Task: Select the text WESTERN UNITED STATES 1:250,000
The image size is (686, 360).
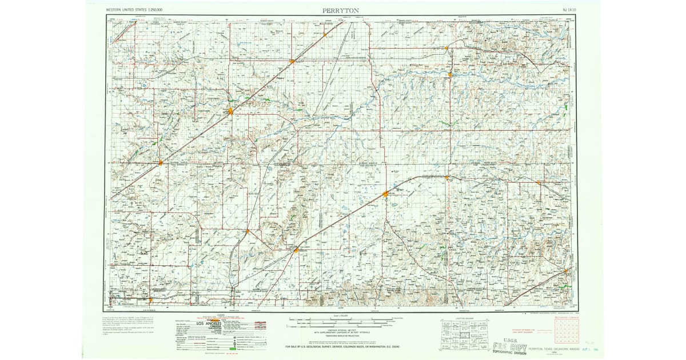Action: (x=134, y=10)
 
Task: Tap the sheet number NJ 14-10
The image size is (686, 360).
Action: (x=567, y=10)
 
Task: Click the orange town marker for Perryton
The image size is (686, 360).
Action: (x=386, y=194)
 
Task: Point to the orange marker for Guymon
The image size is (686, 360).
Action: (x=230, y=111)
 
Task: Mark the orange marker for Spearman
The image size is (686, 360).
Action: (x=296, y=250)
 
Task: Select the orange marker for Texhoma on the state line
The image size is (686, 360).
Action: (x=161, y=163)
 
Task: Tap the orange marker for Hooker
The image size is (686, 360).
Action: (x=292, y=61)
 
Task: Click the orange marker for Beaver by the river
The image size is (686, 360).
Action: (x=450, y=74)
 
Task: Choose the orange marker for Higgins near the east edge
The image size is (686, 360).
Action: (x=565, y=271)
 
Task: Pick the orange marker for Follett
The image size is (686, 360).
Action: (x=539, y=183)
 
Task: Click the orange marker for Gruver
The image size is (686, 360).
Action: (x=248, y=231)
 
